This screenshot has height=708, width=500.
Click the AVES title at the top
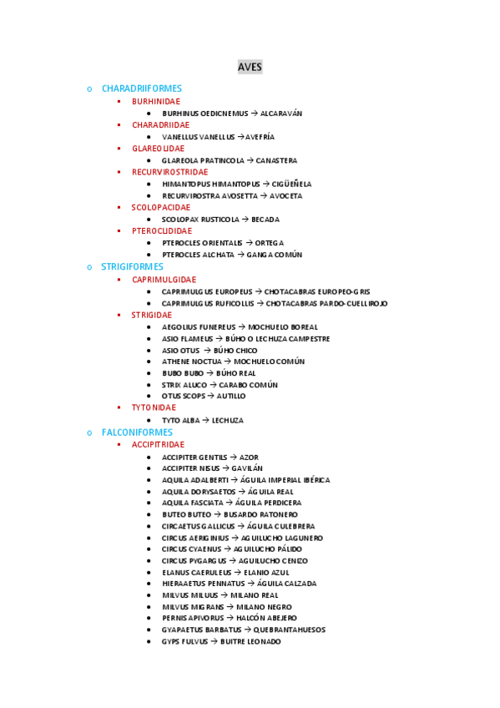click(250, 67)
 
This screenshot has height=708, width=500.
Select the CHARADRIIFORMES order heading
click(141, 88)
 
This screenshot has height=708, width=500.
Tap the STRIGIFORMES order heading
click(132, 266)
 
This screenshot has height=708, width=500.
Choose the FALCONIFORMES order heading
click(137, 432)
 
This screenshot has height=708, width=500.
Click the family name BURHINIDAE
click(155, 101)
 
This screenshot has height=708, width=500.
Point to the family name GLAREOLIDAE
click(158, 149)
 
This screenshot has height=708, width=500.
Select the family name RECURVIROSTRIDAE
click(169, 172)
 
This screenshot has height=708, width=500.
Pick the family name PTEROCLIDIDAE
click(161, 230)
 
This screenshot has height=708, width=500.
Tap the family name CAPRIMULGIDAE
click(164, 280)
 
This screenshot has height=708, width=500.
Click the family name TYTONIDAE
click(154, 407)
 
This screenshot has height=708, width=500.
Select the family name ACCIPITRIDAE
click(158, 444)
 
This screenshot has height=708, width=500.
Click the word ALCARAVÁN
click(281, 114)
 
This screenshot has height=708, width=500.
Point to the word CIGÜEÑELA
click(291, 184)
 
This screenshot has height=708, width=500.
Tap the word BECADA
click(265, 220)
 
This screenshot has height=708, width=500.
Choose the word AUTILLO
click(231, 396)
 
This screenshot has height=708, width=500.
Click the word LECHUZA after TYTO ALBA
click(228, 421)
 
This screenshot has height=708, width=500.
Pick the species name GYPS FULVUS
click(184, 641)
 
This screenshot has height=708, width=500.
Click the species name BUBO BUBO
click(182, 373)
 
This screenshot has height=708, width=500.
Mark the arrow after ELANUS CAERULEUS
click(238, 573)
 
